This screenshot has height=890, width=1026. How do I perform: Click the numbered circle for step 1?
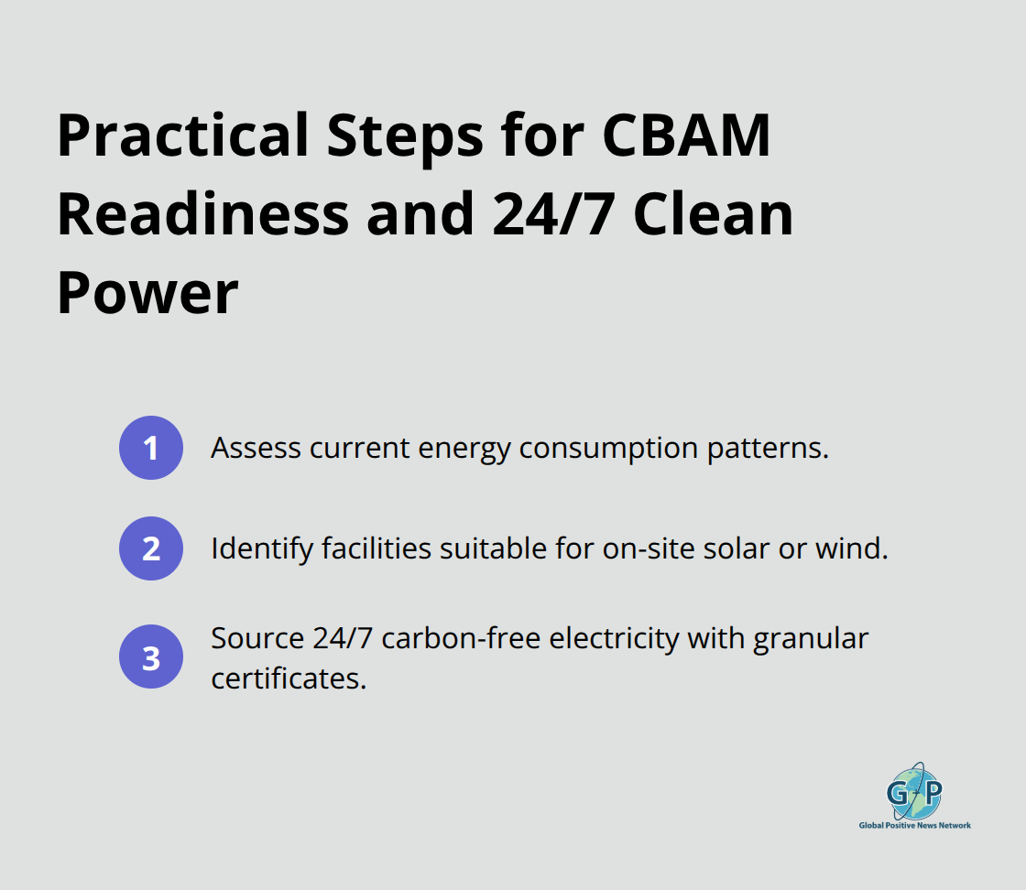click(x=151, y=448)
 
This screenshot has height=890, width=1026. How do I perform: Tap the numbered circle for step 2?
click(x=151, y=548)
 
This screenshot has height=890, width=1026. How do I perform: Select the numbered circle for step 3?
click(x=151, y=657)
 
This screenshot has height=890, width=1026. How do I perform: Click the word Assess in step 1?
click(x=255, y=448)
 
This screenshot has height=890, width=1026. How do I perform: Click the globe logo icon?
click(x=914, y=789)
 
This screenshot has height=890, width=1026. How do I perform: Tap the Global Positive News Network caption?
click(x=914, y=825)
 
